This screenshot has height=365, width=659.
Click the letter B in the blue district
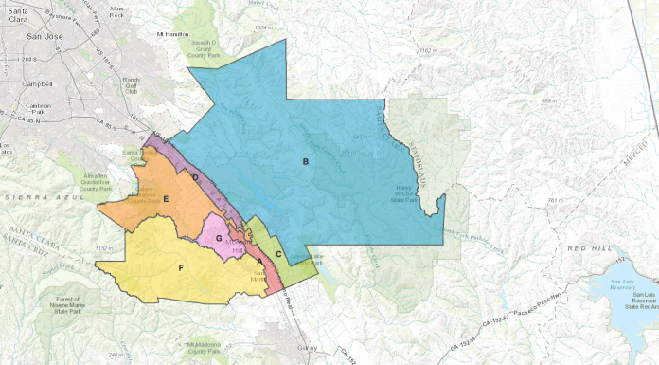(305, 162)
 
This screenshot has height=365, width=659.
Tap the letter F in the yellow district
(181, 268)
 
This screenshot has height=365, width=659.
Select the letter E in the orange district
(166, 198)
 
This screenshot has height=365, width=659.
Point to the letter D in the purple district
(195, 177)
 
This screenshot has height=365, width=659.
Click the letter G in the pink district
(219, 237)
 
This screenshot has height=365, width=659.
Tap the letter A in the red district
(260, 262)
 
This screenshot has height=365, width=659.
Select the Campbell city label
(39, 83)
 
